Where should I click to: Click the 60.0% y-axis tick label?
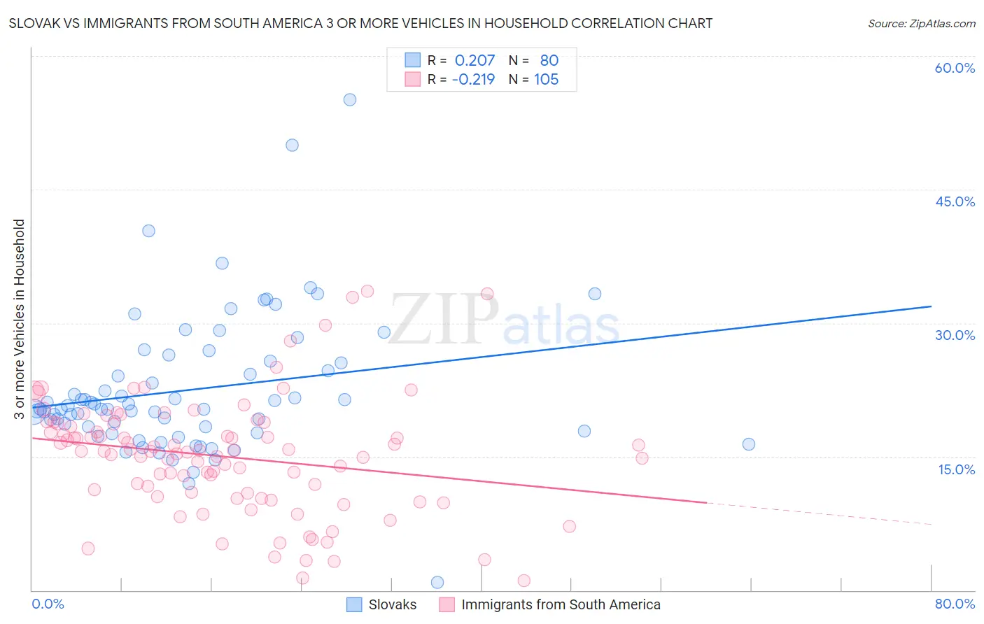pyautogui.click(x=955, y=68)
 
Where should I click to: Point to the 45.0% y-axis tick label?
pyautogui.click(x=955, y=201)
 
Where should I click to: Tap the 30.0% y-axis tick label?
pyautogui.click(x=955, y=335)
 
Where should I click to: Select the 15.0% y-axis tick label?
pyautogui.click(x=956, y=469)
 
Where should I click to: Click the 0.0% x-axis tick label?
pyautogui.click(x=48, y=604)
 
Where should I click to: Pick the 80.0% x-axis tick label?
pyautogui.click(x=955, y=604)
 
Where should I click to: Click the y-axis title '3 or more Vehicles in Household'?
pyautogui.click(x=19, y=319)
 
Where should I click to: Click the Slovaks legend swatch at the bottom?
pyautogui.click(x=354, y=604)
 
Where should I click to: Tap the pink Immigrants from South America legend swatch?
pyautogui.click(x=447, y=604)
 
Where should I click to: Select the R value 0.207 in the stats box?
pyautogui.click(x=475, y=61)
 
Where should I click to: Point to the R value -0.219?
pyautogui.click(x=473, y=80)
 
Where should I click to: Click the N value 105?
pyautogui.click(x=546, y=80)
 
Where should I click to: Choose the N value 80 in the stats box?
pyautogui.click(x=549, y=61)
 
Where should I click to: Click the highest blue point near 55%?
pyautogui.click(x=350, y=100)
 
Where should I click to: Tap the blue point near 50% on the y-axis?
pyautogui.click(x=292, y=146)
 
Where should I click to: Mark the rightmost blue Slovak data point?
pyautogui.click(x=749, y=444)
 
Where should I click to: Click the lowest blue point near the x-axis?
pyautogui.click(x=437, y=582)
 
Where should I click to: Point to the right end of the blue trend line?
pyautogui.click(x=931, y=306)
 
